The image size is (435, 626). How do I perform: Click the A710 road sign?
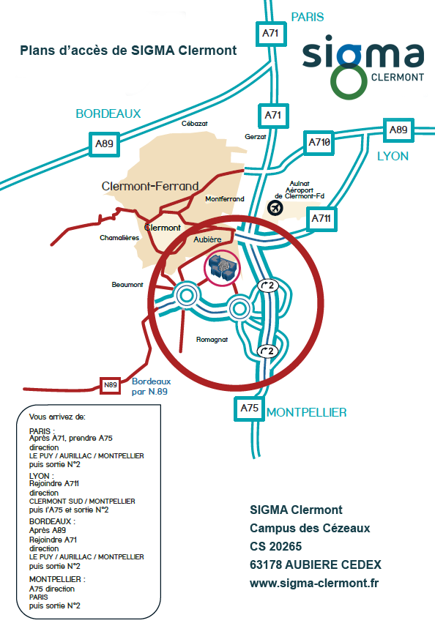[x=319, y=143]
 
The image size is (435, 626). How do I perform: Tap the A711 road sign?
[x=321, y=219]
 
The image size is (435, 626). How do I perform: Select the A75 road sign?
[x=249, y=409]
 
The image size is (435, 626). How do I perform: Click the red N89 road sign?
[x=111, y=385]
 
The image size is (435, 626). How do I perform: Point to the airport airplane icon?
[x=275, y=208]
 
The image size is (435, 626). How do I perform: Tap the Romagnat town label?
[x=212, y=340]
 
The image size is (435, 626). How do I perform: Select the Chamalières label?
[x=119, y=238]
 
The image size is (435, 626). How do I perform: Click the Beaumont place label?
[x=127, y=285]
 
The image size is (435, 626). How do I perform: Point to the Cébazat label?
[x=195, y=124]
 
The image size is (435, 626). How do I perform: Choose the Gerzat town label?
[x=256, y=136]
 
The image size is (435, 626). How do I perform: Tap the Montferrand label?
[x=225, y=199]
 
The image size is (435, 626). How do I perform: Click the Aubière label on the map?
[x=207, y=239]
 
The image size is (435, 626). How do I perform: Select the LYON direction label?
[x=393, y=156]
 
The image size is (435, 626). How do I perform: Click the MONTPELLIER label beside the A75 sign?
[x=306, y=412]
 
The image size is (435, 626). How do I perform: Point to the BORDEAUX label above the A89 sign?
[x=108, y=113]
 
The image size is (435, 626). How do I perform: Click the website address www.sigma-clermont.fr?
[x=314, y=584]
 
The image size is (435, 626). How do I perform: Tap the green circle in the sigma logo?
[x=349, y=82]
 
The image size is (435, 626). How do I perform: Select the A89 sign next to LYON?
[x=398, y=130]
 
